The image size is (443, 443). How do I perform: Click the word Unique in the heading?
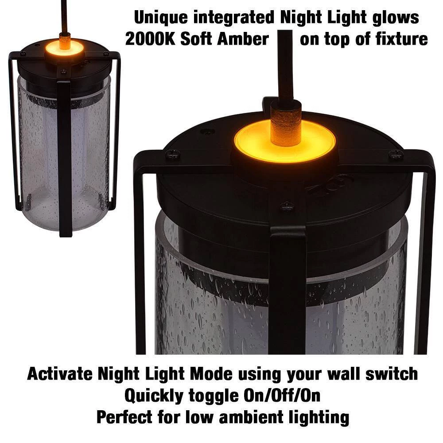[x=161, y=18]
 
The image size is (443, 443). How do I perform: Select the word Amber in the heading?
[x=243, y=39]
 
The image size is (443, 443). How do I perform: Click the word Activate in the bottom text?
[x=60, y=374]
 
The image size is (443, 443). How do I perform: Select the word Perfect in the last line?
[x=124, y=417]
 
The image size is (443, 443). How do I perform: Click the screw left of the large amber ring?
[x=172, y=154]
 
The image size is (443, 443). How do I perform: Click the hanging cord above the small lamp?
[x=65, y=16]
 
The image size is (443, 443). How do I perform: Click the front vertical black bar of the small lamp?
[x=64, y=158]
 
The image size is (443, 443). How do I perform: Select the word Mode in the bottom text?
[x=210, y=374]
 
